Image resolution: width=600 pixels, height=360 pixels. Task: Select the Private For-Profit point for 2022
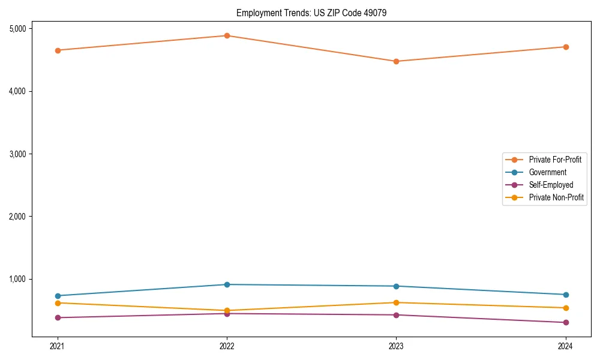pos(227,35)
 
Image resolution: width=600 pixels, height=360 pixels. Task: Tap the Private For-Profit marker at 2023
pos(396,61)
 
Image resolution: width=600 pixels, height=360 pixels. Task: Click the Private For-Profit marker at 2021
pos(58,50)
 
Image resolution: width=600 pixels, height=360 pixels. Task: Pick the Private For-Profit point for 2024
pos(566,47)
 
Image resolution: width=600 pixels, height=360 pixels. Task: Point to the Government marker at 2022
pos(227,284)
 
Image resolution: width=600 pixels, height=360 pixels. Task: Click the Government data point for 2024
pos(566,295)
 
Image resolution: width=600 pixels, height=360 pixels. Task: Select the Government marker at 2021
pos(58,296)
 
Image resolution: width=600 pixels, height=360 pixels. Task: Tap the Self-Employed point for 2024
pos(566,323)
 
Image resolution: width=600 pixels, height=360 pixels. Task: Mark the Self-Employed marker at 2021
pos(58,317)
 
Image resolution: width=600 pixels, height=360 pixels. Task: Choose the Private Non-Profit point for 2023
pos(396,302)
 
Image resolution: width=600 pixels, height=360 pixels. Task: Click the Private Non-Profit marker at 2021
pos(58,303)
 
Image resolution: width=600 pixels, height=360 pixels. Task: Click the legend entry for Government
pos(547,172)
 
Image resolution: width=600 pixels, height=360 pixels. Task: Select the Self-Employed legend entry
pos(551,185)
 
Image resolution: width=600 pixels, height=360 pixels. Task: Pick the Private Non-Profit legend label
pos(556,197)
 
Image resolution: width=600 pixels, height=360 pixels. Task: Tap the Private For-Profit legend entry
pos(555,160)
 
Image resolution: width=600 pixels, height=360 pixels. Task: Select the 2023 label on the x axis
pos(396,346)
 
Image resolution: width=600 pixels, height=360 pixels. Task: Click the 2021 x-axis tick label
pos(58,346)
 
